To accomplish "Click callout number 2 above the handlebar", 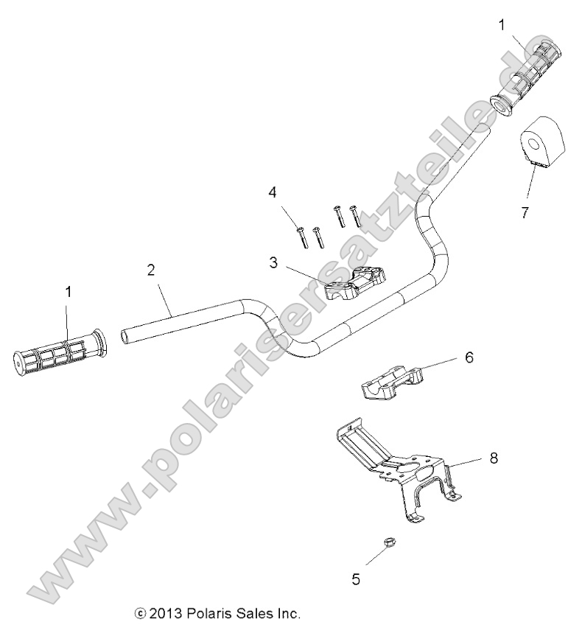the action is [151, 270].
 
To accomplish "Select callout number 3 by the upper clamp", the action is [273, 262].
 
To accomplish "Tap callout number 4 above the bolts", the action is [273, 193].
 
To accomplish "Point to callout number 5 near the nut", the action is [356, 579].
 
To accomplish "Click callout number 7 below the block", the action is [524, 213].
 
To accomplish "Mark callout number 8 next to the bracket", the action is [493, 458].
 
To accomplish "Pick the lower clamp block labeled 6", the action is [392, 380].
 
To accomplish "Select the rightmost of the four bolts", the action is [356, 215].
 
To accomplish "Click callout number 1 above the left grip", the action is [69, 292].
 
